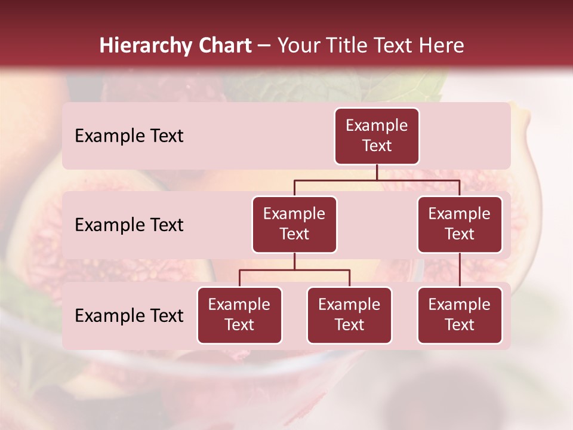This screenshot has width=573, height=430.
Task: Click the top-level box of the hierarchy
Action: click(x=377, y=136)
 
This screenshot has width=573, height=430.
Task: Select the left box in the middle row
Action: click(x=294, y=225)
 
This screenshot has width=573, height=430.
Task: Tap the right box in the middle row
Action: click(x=460, y=225)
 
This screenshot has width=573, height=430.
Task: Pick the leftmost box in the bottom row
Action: click(x=239, y=315)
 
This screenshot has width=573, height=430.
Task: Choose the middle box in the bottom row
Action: click(x=349, y=315)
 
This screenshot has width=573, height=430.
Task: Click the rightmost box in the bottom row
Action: click(x=460, y=315)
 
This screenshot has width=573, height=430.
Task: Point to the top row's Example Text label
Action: click(x=129, y=136)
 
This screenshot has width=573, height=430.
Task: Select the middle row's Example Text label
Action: click(x=129, y=225)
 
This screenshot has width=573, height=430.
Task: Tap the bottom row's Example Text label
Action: click(x=129, y=316)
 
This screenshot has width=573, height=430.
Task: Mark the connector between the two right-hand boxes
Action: click(x=460, y=270)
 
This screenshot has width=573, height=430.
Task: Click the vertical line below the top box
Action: click(x=377, y=172)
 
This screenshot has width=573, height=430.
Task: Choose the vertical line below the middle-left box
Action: click(x=294, y=261)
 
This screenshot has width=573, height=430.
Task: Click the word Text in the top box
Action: click(x=377, y=146)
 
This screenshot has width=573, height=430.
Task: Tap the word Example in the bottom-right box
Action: click(x=460, y=305)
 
